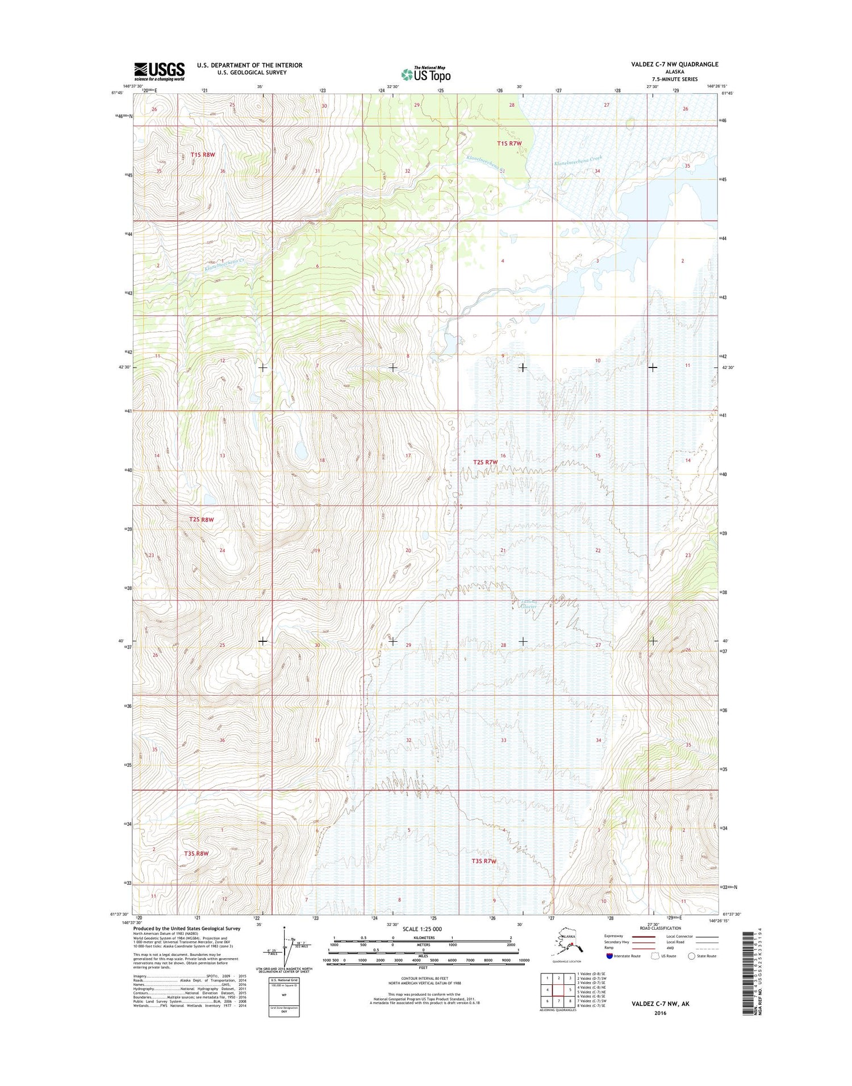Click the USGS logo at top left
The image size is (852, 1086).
tap(159, 72)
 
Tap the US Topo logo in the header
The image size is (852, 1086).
tap(426, 74)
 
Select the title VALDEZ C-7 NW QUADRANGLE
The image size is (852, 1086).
tap(674, 65)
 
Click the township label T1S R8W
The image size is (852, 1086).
tap(203, 154)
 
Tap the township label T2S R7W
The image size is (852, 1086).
tap(485, 462)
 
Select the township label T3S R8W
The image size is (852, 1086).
tap(197, 853)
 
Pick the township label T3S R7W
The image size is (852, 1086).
tap(484, 861)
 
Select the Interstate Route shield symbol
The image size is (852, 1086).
tap(609, 956)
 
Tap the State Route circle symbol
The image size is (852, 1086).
tap(691, 956)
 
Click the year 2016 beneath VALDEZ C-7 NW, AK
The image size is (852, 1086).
tap(660, 1013)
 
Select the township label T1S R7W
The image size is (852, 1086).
tap(509, 144)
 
